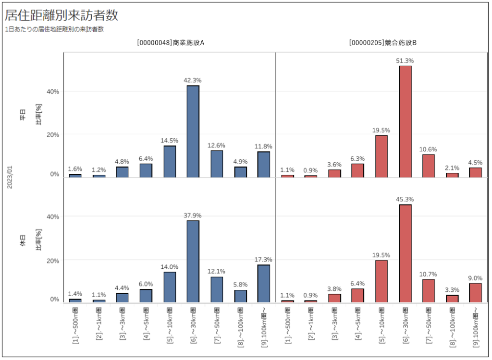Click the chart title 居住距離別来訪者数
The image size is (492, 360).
[61, 15]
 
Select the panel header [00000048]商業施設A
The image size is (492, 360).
[171, 43]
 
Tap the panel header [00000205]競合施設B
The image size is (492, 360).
[383, 43]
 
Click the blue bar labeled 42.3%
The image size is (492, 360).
[193, 131]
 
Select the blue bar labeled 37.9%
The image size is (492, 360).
[193, 261]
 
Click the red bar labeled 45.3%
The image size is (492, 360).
[406, 253]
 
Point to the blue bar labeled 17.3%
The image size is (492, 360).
[264, 283]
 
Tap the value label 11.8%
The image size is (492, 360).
[264, 146]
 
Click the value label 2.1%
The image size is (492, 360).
[453, 168]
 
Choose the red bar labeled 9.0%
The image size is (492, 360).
[476, 292]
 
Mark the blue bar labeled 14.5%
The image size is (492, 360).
[170, 161]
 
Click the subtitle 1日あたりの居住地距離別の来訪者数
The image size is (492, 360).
[54, 29]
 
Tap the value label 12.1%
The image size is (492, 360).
[217, 271]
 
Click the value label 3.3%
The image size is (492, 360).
[453, 289]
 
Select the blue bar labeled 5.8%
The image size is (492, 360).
[240, 296]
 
